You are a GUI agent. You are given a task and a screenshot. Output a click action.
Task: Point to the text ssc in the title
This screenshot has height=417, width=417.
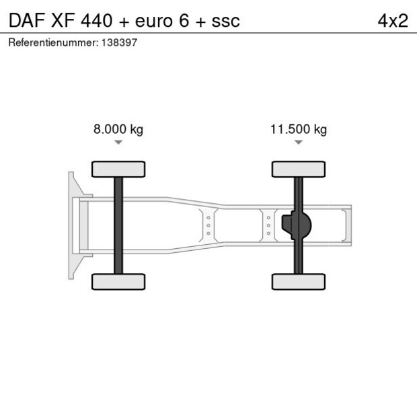tap(225, 20)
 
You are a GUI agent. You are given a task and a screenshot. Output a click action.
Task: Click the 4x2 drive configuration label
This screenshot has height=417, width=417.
tap(393, 20)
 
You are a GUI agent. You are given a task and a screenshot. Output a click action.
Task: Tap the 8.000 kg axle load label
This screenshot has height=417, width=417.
tap(118, 130)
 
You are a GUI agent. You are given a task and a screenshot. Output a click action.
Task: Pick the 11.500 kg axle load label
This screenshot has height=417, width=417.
tap(299, 130)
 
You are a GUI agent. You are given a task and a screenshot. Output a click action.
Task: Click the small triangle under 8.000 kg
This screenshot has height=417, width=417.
tap(118, 143)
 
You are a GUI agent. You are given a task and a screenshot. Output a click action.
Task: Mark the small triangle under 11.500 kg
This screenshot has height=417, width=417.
tap(299, 143)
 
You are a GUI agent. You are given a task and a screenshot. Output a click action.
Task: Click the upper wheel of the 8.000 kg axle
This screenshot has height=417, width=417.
tap(118, 169)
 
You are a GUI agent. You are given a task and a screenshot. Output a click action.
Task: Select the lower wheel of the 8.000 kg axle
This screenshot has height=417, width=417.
tap(118, 281)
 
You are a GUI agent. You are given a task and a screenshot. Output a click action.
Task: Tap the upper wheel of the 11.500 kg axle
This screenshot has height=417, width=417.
tap(299, 169)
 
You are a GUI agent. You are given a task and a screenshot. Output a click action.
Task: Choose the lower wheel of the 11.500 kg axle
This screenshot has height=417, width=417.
tap(299, 281)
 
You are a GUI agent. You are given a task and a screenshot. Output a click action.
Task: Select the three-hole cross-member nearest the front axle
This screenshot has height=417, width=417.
tap(208, 225)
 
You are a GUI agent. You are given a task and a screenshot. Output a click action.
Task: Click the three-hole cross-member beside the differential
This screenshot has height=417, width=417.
tap(268, 225)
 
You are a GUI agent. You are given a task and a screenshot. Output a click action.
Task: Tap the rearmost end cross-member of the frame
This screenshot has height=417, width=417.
tap(346, 225)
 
